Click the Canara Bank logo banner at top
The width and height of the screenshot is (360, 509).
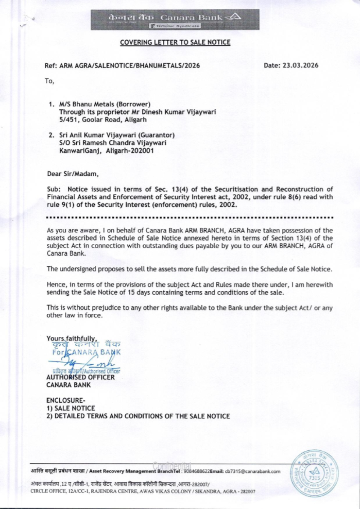click(x=175, y=19)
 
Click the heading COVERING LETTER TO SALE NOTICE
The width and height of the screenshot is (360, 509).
click(x=175, y=42)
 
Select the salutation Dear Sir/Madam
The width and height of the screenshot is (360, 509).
click(x=73, y=174)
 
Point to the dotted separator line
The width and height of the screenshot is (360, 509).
click(x=190, y=218)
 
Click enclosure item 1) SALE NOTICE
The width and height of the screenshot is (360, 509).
click(x=71, y=408)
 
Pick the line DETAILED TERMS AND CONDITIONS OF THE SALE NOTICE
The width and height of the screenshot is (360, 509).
click(x=138, y=416)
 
